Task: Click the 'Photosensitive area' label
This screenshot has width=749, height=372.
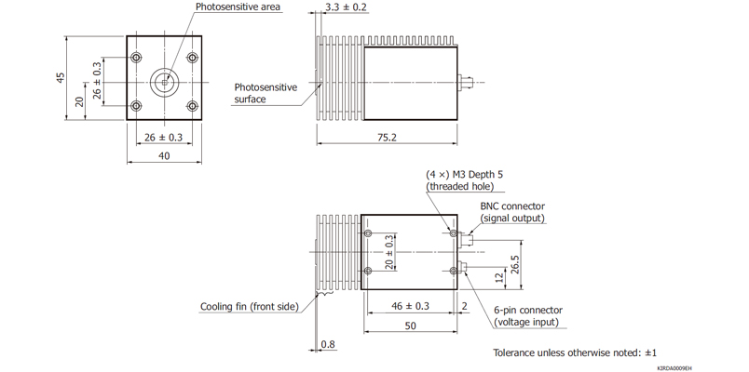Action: pyautogui.click(x=238, y=7)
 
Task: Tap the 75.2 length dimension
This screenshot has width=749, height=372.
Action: pyautogui.click(x=386, y=138)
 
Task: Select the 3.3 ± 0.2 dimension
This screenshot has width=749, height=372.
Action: pyautogui.click(x=346, y=7)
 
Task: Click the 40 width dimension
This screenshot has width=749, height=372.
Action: pyautogui.click(x=164, y=156)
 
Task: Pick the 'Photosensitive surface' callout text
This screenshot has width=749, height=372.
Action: pyautogui.click(x=265, y=93)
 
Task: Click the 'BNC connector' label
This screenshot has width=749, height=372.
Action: pyautogui.click(x=512, y=206)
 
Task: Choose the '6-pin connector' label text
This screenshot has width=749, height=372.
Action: pyautogui.click(x=527, y=311)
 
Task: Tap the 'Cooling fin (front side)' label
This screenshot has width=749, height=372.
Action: pyautogui.click(x=249, y=306)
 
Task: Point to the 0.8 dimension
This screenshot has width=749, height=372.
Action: pyautogui.click(x=327, y=345)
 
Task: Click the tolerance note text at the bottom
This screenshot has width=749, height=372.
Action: pyautogui.click(x=575, y=352)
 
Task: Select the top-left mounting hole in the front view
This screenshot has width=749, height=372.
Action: pyautogui.click(x=137, y=59)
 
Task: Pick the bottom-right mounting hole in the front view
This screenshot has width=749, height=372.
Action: pyautogui.click(x=192, y=106)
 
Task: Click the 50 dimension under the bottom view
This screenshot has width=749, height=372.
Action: pyautogui.click(x=409, y=326)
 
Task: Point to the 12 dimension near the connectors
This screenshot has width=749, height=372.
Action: pyautogui.click(x=499, y=276)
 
